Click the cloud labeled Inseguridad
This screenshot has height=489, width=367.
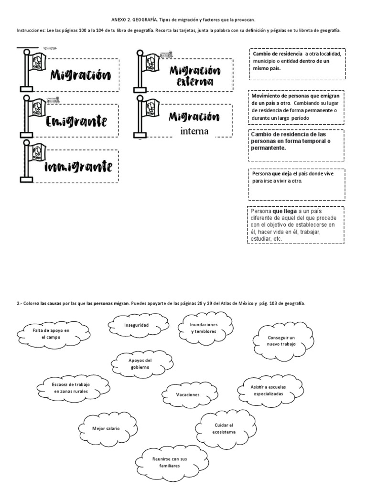click(137, 325)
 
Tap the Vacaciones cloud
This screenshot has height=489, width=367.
click(187, 395)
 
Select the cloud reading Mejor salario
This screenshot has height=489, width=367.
click(106, 428)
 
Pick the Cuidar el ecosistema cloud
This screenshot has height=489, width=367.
click(224, 428)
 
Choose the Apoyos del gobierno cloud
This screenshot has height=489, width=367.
click(140, 363)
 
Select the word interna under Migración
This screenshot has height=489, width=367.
click(194, 131)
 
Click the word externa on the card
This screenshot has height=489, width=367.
click(194, 82)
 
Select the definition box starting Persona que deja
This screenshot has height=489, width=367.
click(296, 184)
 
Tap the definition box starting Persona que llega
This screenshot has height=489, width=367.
click(295, 225)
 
